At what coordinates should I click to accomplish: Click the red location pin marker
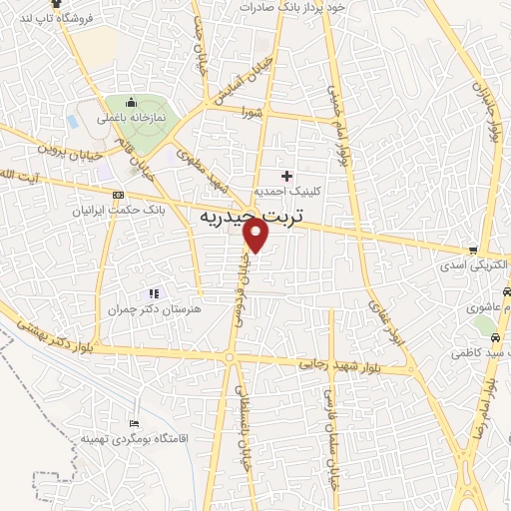click(256, 235)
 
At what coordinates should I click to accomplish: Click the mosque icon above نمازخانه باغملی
click(130, 101)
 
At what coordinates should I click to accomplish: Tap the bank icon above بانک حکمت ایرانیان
click(119, 195)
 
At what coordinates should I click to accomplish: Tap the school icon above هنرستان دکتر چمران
click(153, 293)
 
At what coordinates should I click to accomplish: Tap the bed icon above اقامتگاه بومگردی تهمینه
click(136, 424)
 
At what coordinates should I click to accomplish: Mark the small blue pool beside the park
click(74, 121)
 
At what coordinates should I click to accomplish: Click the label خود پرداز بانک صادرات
click(289, 7)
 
